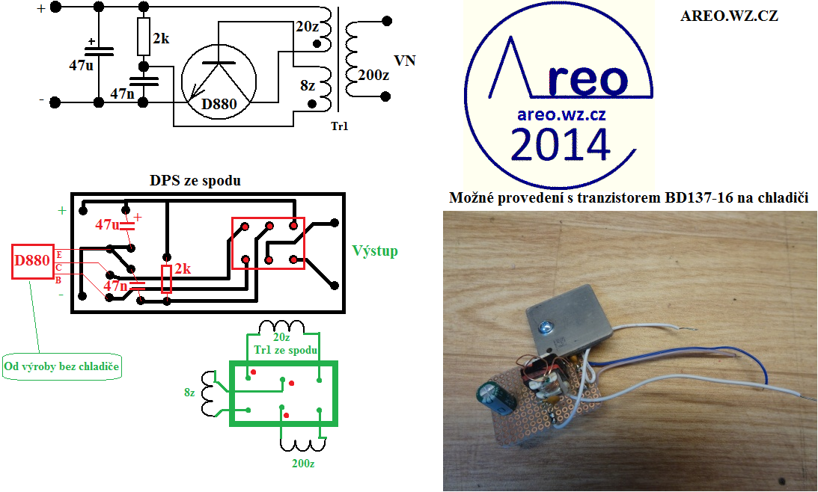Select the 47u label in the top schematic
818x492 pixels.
point(82,65)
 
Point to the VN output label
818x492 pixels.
point(404,61)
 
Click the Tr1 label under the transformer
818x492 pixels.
point(339,126)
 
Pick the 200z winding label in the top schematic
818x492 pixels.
point(374,75)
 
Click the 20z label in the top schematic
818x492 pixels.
point(307,26)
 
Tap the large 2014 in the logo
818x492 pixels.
point(560,145)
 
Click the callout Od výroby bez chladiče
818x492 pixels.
point(62,366)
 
